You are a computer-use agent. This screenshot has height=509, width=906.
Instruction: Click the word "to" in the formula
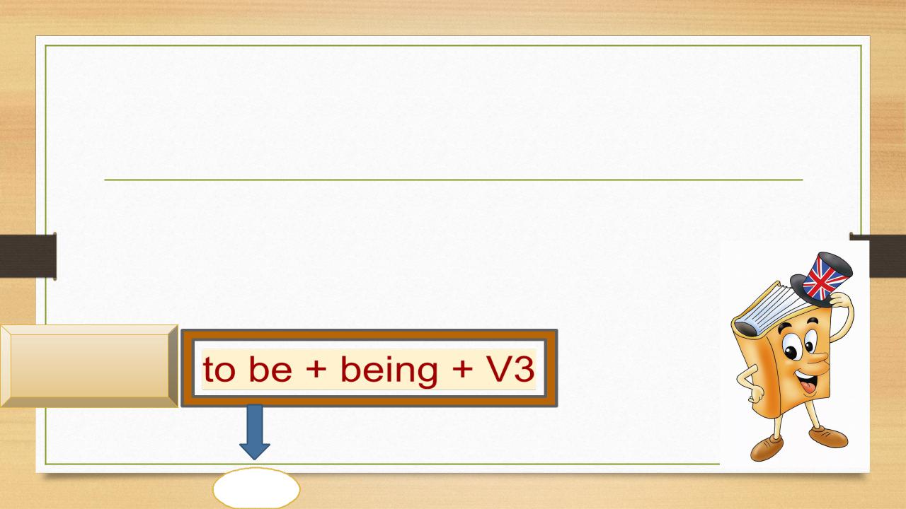219,369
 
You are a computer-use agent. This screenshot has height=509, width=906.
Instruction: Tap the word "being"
389,372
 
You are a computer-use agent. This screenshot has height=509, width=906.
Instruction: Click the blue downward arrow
255,431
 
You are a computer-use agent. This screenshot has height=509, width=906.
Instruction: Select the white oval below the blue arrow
256,488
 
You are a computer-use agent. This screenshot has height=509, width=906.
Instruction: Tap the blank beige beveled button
89,366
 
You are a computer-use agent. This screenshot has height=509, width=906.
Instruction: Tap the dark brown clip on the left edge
28,256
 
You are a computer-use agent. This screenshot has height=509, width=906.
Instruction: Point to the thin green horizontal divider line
454,180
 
